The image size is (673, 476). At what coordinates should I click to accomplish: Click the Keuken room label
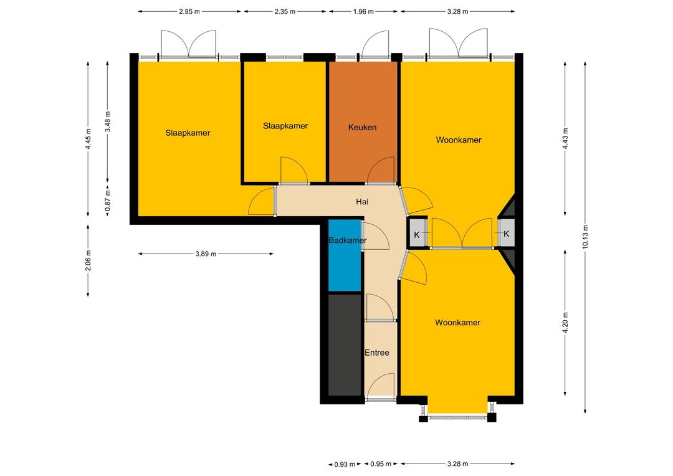point(362,128)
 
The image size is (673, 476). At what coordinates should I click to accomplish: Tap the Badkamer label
point(348,240)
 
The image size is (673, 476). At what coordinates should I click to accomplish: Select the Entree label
point(377,353)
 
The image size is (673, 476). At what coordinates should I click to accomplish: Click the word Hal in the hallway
point(362,202)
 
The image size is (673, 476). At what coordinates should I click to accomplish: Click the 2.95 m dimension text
point(189,12)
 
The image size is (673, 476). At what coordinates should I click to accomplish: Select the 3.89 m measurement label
point(206,254)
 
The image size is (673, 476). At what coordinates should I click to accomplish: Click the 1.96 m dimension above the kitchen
point(363,12)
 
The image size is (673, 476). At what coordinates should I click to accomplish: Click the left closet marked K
point(417,234)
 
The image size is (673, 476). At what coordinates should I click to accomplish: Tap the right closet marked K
point(507,234)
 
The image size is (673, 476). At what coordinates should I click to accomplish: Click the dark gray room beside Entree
point(345,345)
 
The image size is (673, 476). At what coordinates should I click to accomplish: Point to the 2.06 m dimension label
point(88,260)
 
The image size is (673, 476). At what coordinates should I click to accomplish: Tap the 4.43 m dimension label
point(565,139)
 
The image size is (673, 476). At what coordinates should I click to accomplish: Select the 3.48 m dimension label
point(108,122)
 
